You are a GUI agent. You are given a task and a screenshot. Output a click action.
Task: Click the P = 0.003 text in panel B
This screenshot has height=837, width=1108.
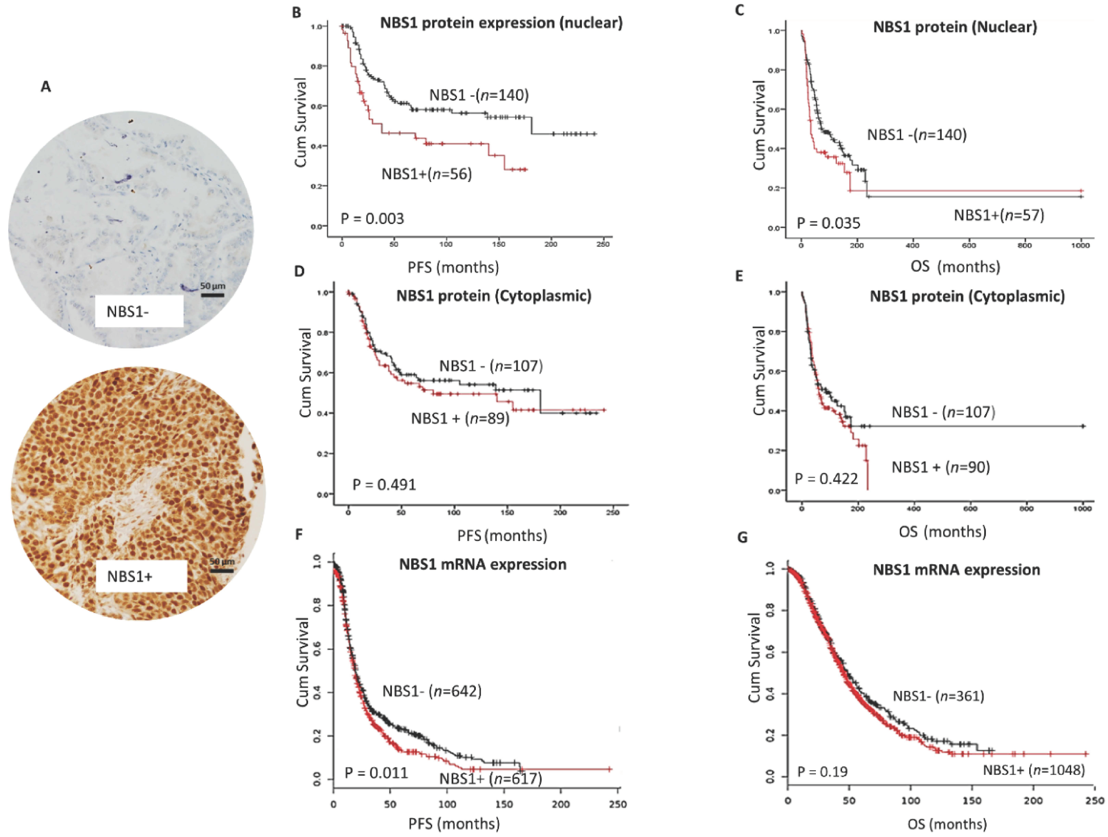point(372,219)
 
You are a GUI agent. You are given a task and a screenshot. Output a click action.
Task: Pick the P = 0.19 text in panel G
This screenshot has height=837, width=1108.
point(822,771)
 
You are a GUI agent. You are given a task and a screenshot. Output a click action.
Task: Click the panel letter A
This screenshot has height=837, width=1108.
point(46,87)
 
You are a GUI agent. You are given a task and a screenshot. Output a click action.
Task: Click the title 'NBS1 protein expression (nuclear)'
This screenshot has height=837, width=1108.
point(501,23)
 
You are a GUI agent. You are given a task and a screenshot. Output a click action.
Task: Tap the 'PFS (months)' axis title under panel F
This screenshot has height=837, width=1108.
point(454,824)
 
